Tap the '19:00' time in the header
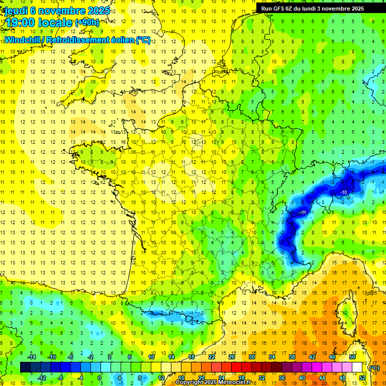[x=21, y=22]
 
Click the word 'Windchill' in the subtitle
[x=22, y=39]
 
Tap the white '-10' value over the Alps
[x=344, y=192]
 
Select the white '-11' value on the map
[x=303, y=213]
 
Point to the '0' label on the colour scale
[x=99, y=377]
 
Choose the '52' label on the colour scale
[x=362, y=377]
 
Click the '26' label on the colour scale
[x=232, y=357]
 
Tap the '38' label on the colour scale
[x=292, y=357]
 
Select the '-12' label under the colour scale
[x=43, y=377]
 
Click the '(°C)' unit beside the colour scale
[x=374, y=368]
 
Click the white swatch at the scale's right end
[x=357, y=367]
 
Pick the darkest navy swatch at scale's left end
[x=25, y=367]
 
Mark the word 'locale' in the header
[x=56, y=23]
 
